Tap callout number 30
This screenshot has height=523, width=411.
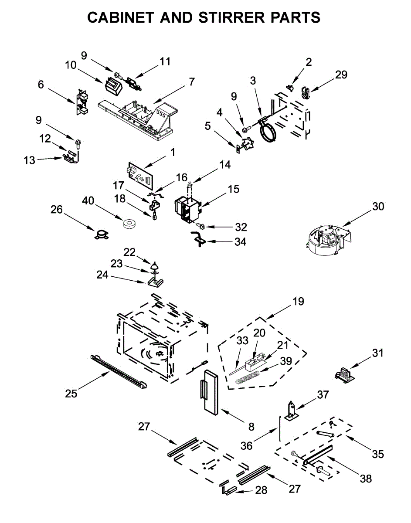[378, 206]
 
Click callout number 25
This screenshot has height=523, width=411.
[71, 394]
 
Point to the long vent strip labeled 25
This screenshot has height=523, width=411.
[118, 370]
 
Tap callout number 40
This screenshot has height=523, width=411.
[89, 200]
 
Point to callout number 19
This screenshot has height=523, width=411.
[299, 301]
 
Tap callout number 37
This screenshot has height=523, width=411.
[323, 395]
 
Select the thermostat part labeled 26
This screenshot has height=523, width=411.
[101, 234]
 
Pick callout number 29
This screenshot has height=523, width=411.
[341, 75]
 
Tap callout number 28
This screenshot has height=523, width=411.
[261, 490]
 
